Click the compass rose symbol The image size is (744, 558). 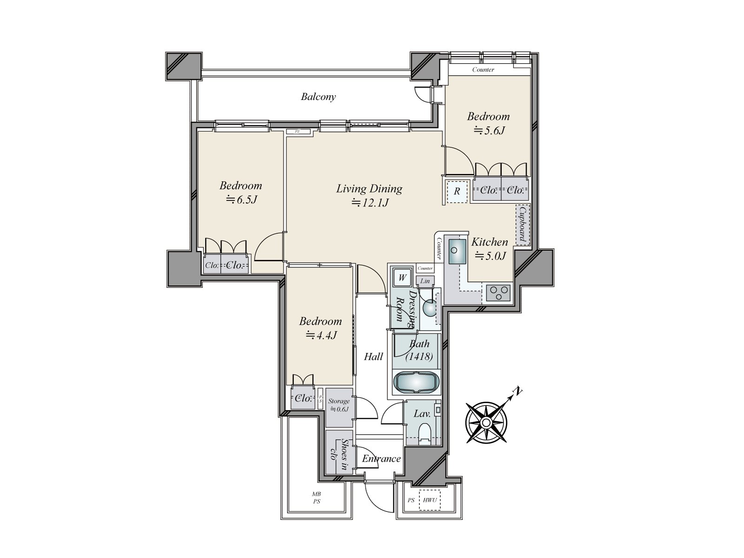coord(486,422)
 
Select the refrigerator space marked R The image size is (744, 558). coord(457,191)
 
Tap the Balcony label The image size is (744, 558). coord(318,97)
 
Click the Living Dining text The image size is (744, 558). coord(369,189)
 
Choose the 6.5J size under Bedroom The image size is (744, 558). coord(242,200)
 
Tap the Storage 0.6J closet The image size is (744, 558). coord(339,405)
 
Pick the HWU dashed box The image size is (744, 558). coord(430,501)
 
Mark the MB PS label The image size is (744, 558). coord(316,498)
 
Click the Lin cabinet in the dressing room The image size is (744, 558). coord(425,281)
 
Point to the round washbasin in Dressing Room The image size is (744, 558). coord(429,307)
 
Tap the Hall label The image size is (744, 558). coord(373,357)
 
